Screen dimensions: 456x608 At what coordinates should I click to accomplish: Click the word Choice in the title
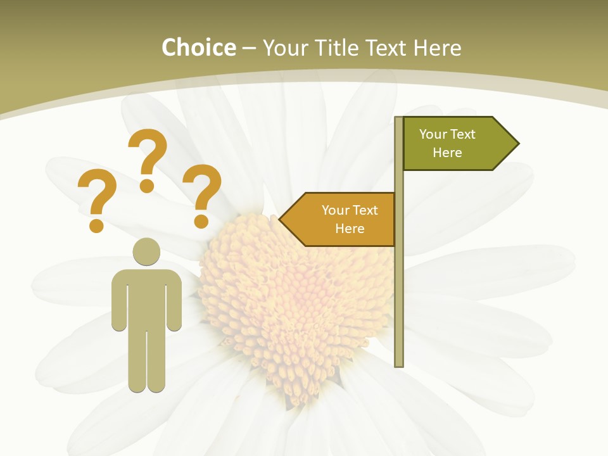pyautogui.click(x=198, y=48)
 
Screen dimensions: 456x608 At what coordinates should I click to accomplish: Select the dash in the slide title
pyautogui.click(x=249, y=49)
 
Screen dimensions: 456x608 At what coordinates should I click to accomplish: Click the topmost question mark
pyautogui.click(x=148, y=158)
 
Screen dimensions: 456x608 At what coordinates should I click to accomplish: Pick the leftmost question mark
pyautogui.click(x=96, y=199)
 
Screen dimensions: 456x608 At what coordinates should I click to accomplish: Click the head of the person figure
pyautogui.click(x=147, y=251)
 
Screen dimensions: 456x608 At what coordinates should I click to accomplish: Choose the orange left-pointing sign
pyautogui.click(x=342, y=219)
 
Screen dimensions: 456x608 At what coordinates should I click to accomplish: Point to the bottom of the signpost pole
pyautogui.click(x=399, y=363)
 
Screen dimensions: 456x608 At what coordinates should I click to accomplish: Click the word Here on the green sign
pyautogui.click(x=447, y=153)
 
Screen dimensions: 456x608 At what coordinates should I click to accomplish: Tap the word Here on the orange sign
pyautogui.click(x=350, y=229)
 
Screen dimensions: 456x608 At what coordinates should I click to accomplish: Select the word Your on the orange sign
pyautogui.click(x=335, y=210)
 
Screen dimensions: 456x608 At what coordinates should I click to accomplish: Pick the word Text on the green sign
pyautogui.click(x=462, y=134)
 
